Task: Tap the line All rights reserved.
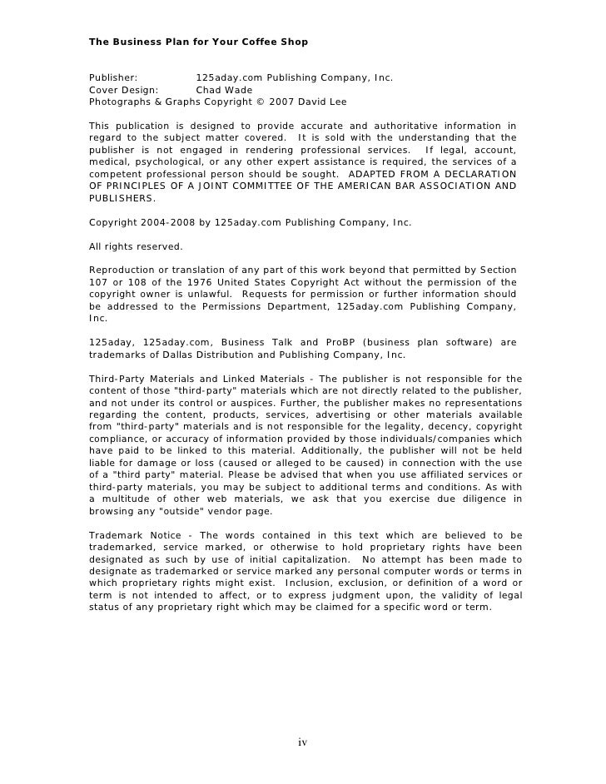tap(136, 247)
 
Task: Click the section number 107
tap(98, 282)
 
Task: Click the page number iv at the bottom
tap(303, 742)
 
